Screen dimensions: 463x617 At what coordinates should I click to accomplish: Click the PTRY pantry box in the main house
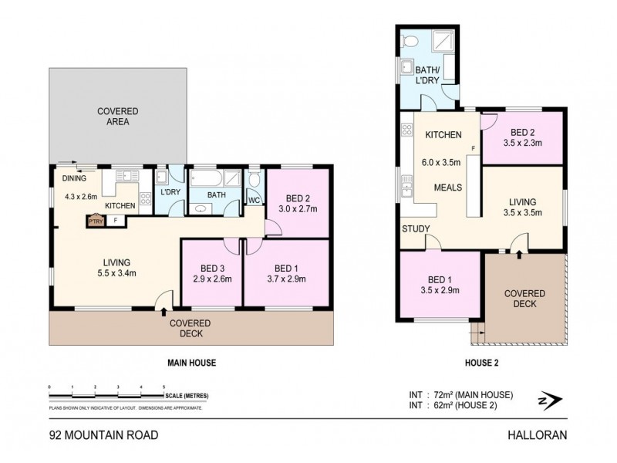[95, 221]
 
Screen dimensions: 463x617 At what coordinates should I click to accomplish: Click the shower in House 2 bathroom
[446, 42]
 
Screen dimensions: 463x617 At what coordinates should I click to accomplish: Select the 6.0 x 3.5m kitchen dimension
[441, 162]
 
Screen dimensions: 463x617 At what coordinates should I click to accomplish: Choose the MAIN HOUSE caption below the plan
[191, 362]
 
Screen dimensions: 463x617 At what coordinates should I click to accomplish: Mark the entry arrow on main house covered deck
[163, 312]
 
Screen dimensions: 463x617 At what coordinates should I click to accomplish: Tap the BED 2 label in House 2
[519, 132]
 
